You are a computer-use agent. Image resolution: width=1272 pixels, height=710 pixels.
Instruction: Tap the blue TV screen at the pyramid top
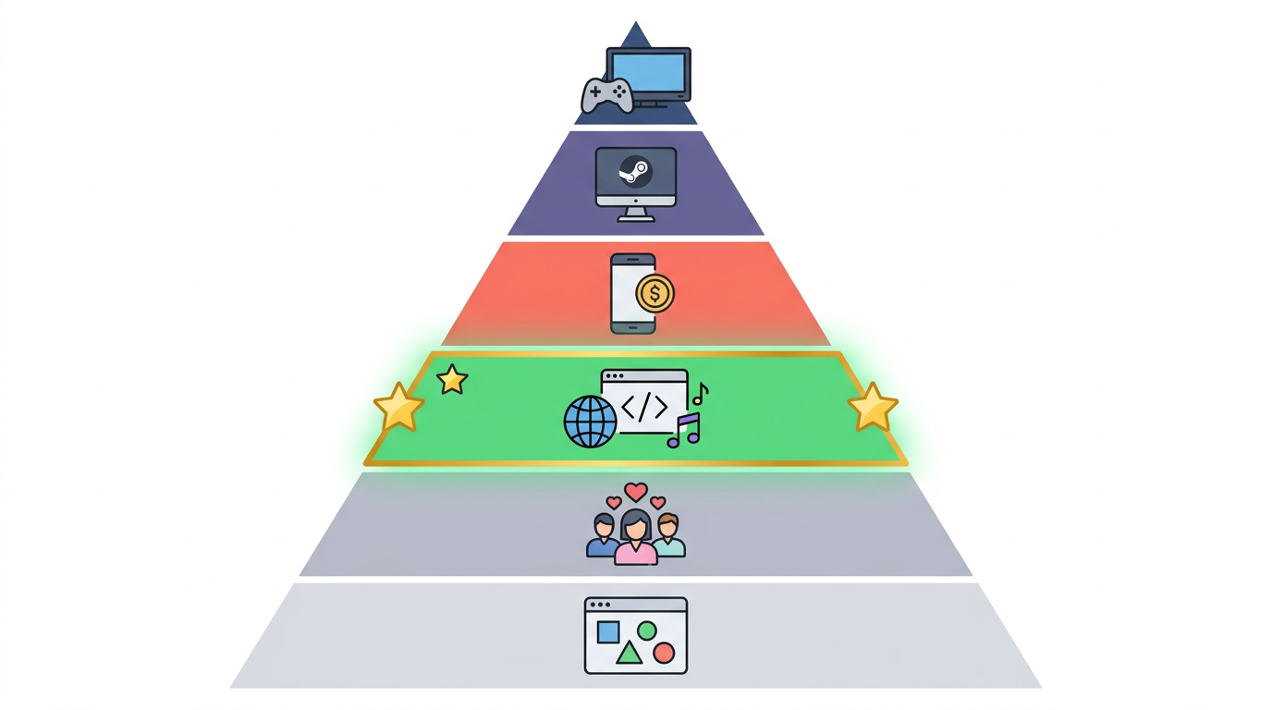[649, 71]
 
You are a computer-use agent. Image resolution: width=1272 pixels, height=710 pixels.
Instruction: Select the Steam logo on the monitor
[635, 172]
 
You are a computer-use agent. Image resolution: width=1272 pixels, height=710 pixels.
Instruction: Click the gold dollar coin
[655, 294]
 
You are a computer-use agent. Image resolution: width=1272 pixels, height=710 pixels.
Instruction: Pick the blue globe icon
[590, 422]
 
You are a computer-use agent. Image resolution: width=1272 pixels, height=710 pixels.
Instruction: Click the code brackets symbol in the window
[644, 407]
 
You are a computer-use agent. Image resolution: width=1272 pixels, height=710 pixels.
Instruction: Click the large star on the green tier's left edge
[398, 408]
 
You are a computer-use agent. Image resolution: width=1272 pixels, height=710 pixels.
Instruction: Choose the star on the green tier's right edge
[873, 408]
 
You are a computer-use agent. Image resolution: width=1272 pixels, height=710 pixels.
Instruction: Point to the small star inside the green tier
[452, 379]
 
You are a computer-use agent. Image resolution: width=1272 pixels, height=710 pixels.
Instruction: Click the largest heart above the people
[635, 492]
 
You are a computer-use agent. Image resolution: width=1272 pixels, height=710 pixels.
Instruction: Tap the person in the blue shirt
[603, 539]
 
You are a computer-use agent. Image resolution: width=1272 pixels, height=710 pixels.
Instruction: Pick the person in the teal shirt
[668, 537]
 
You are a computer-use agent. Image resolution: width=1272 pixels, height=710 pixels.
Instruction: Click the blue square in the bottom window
[608, 631]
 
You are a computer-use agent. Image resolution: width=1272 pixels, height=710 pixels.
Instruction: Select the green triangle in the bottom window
[630, 654]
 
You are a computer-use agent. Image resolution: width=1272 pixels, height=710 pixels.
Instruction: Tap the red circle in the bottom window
[664, 654]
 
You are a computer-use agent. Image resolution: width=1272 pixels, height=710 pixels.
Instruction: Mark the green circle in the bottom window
[647, 630]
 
